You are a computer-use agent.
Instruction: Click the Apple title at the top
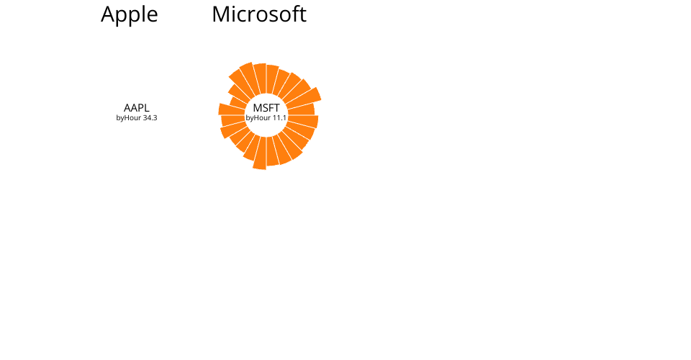point(129,15)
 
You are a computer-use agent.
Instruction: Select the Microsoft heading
point(259,14)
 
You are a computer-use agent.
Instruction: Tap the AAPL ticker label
point(137,107)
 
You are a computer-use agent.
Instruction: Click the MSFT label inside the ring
point(266,107)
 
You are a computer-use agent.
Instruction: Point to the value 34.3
point(150,117)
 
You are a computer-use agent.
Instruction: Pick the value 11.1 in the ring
point(279,117)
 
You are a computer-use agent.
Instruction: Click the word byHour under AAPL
point(128,118)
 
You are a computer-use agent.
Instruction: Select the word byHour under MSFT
point(258,118)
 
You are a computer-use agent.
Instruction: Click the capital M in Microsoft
point(220,14)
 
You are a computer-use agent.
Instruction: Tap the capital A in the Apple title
point(108,14)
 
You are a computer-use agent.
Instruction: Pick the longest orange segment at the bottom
point(260,153)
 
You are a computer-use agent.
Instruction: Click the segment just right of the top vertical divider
point(272,79)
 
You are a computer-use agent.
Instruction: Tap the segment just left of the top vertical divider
point(260,78)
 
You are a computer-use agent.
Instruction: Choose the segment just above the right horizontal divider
point(302,109)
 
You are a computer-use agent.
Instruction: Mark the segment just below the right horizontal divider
point(303,121)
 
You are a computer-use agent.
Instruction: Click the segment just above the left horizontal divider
point(232,109)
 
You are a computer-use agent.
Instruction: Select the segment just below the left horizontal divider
point(233,121)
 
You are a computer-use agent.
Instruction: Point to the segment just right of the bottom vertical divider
point(272,151)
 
